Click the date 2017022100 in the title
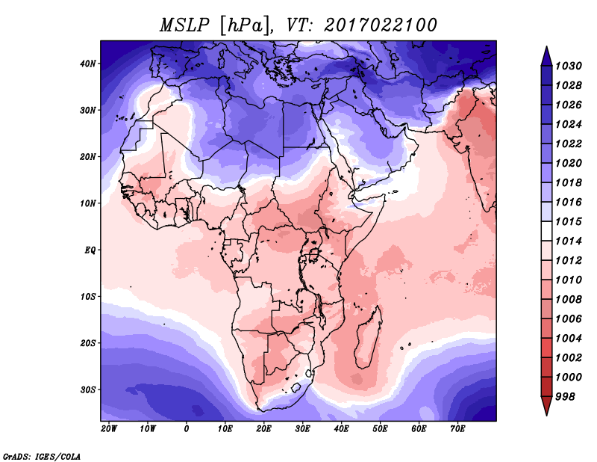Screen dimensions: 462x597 (x=380, y=25)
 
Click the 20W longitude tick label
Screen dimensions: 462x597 (x=109, y=429)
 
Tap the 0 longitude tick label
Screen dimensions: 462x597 (x=187, y=429)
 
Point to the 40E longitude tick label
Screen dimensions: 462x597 (x=342, y=429)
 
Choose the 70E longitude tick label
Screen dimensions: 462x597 (x=458, y=429)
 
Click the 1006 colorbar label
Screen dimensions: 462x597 (x=571, y=318)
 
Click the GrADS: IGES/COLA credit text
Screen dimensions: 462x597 (x=42, y=455)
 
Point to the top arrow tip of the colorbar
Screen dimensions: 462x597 (x=546, y=49)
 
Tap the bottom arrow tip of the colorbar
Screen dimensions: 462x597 (x=546, y=413)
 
